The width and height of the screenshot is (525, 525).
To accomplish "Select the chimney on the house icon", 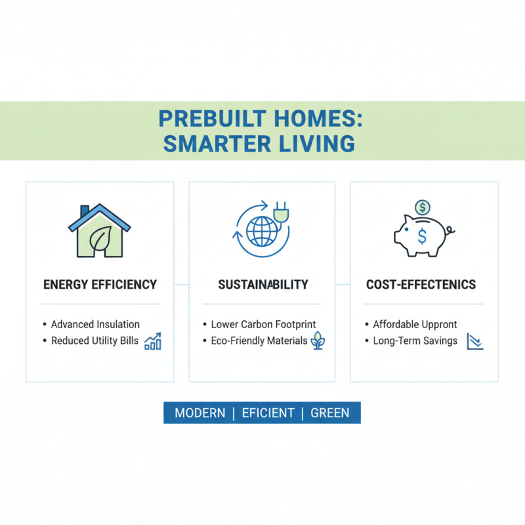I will (x=85, y=212).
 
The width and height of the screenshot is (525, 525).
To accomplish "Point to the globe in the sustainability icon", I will (x=262, y=232).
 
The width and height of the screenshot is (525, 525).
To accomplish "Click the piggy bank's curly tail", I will (x=450, y=231).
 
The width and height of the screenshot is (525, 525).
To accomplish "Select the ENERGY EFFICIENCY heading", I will (x=100, y=285).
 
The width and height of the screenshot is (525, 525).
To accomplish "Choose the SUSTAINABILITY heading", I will (x=262, y=285).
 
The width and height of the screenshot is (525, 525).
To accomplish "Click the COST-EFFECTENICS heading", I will (x=421, y=285).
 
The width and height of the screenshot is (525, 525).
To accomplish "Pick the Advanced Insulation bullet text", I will (x=95, y=324).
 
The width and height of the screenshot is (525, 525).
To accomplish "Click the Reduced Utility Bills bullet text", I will (x=94, y=341).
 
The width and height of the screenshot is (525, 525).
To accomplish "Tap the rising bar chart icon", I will (x=153, y=341).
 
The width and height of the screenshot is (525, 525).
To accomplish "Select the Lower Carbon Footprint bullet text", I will (x=263, y=324).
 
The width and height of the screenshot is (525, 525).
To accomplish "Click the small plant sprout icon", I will (x=318, y=341).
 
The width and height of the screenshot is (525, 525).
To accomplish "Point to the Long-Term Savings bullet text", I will (x=415, y=341).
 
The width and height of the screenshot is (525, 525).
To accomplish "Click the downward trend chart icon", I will (x=474, y=341).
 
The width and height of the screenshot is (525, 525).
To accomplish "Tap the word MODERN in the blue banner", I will (x=199, y=413).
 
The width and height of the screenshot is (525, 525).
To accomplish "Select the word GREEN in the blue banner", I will (x=330, y=413).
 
